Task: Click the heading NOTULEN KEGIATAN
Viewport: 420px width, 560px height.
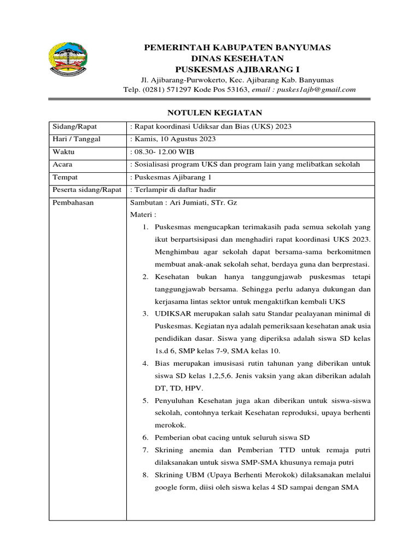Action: tap(207, 113)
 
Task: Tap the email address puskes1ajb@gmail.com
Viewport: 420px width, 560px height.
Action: tap(316, 90)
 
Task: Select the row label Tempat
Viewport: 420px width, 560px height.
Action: tap(64, 177)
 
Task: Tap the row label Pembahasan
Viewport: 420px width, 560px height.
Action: tap(73, 202)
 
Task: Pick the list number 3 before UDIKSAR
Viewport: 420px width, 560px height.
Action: tap(145, 313)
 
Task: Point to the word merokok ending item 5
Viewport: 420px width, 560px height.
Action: tap(171, 425)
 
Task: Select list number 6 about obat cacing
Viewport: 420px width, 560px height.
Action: tap(145, 437)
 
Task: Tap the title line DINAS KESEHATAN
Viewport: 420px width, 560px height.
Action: tap(237, 59)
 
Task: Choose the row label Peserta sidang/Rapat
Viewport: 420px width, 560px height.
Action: tap(86, 190)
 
